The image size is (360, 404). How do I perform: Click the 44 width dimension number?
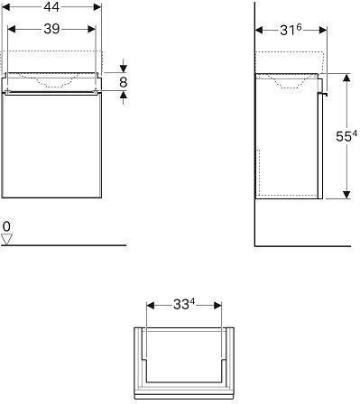[51, 7]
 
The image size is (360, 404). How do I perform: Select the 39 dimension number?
[52, 29]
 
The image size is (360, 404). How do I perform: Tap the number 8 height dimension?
[124, 82]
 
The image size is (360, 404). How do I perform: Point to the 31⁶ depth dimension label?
[291, 30]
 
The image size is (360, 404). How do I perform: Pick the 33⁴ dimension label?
[184, 305]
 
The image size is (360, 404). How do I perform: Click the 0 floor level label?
[6, 226]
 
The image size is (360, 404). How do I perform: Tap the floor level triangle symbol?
[6, 239]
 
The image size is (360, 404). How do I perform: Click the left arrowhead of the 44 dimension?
[5, 7]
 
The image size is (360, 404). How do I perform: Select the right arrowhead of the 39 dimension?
[91, 29]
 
